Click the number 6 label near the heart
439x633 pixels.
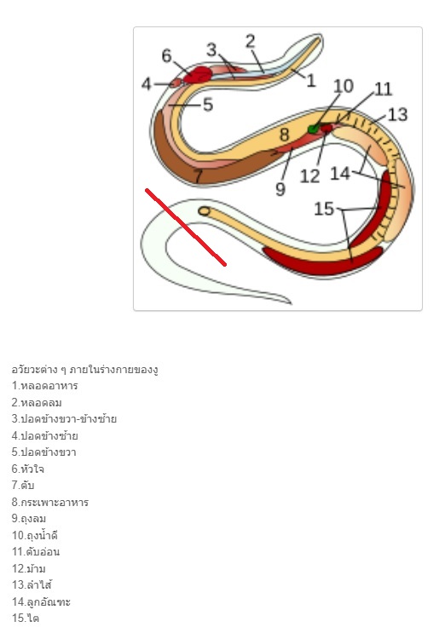tap(166, 55)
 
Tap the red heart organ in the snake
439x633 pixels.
tap(198, 75)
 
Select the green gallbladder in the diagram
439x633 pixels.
tap(314, 129)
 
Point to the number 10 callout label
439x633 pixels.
tap(344, 86)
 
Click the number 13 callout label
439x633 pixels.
tap(398, 115)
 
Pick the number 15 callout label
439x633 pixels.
tap(324, 209)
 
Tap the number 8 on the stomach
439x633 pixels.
tap(285, 135)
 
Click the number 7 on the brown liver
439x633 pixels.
tap(198, 176)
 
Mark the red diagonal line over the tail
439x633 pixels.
tap(186, 227)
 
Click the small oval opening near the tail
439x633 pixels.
tap(205, 211)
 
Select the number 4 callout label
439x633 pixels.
tap(147, 84)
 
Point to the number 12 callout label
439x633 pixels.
tap(309, 176)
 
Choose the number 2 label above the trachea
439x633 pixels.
tap(251, 42)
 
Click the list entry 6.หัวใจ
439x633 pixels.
tap(28, 469)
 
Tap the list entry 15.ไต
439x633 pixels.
tap(26, 618)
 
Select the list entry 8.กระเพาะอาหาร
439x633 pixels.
tap(50, 502)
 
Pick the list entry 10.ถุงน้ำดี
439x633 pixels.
tap(35, 535)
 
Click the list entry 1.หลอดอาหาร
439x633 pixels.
tap(45, 386)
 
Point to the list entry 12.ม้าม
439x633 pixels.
tap(29, 568)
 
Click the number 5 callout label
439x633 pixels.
tap(208, 105)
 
